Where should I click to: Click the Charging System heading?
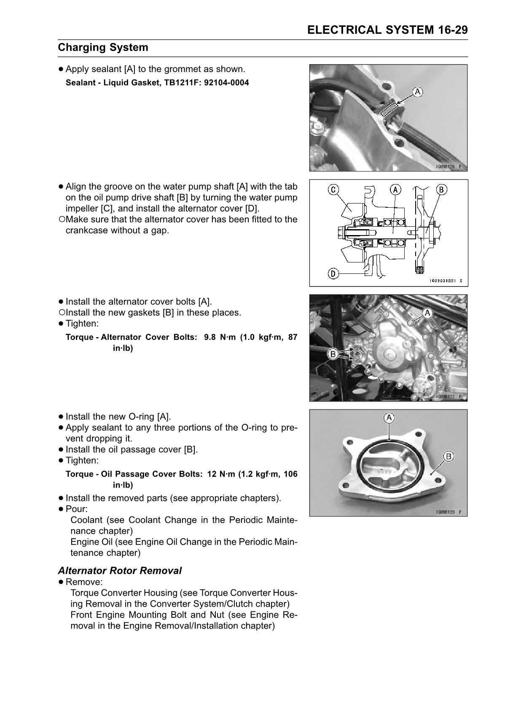pos(103,47)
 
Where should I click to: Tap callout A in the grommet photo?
pos(417,91)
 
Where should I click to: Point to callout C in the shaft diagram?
pos(333,190)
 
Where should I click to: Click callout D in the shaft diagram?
pos(333,274)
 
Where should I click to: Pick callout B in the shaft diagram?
pos(441,190)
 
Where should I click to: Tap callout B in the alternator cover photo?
pos(333,354)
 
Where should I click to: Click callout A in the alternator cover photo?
pos(427,313)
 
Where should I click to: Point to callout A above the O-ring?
pos(389,418)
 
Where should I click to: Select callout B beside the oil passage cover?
pos(448,456)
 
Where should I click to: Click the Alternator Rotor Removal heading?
pos(120,570)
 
